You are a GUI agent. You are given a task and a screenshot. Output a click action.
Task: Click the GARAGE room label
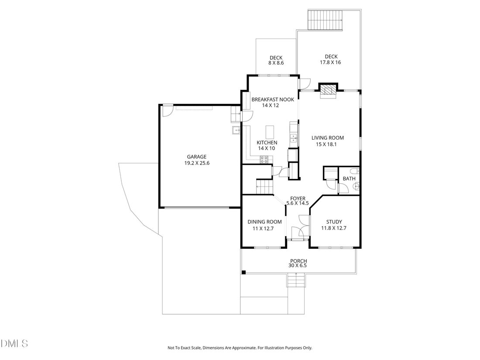point(196,157)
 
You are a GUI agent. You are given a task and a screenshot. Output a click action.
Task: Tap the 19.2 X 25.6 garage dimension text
point(197,163)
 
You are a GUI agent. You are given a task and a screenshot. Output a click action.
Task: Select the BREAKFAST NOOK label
point(273,99)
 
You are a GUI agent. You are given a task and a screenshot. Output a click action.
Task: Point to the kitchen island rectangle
point(270,132)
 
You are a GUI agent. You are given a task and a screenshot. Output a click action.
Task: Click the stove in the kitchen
point(264,159)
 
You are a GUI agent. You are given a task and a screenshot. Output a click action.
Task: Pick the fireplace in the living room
point(328,91)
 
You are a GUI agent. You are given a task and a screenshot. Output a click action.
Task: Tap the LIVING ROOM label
point(328,138)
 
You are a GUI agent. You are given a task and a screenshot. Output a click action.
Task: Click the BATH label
point(349,178)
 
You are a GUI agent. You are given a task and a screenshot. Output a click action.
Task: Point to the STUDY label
point(334,222)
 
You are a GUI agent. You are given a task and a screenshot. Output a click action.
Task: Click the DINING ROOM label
point(264,222)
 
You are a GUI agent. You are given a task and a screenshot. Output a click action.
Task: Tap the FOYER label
point(298,199)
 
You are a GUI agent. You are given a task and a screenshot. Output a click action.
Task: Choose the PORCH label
point(298,261)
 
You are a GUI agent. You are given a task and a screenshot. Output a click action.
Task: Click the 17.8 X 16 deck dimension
point(330,62)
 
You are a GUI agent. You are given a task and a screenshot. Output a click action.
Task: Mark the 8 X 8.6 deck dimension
point(276,63)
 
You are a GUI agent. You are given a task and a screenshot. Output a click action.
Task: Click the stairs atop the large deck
point(325,20)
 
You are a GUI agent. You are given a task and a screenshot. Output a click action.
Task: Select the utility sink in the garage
point(236,130)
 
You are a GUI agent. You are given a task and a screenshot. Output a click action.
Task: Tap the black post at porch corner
point(243,272)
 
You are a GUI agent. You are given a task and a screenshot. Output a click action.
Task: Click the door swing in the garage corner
point(168,111)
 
